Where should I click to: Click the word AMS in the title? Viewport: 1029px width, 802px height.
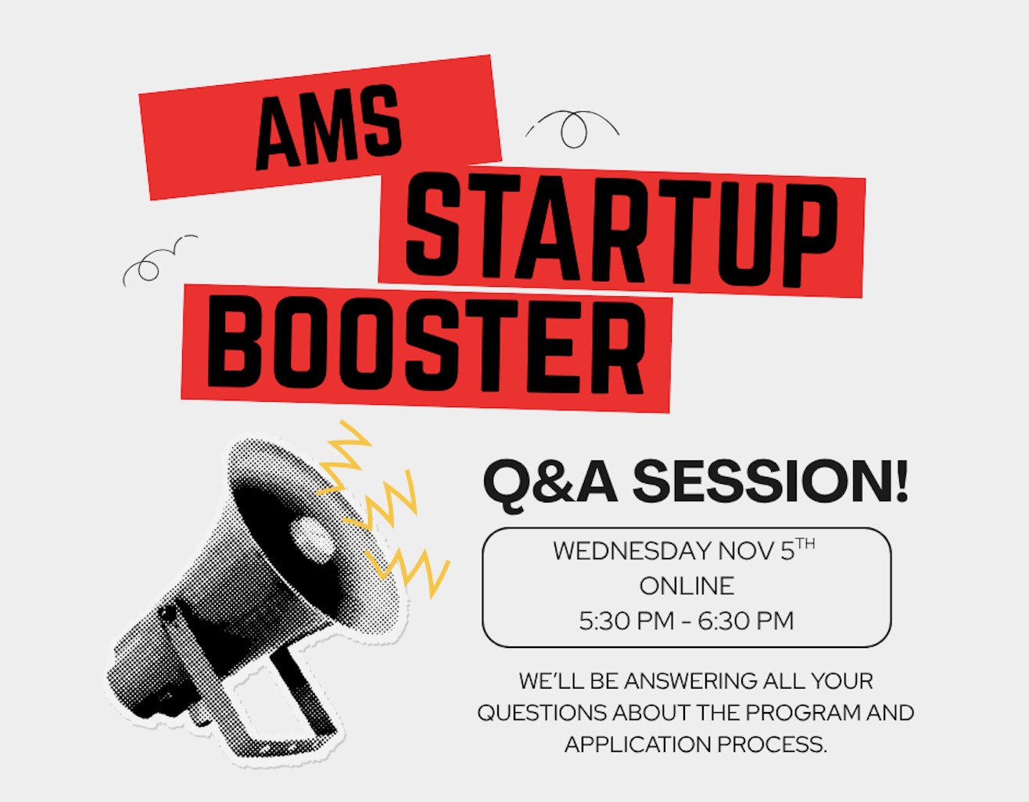[328, 127]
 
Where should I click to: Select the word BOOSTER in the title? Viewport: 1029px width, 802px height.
[427, 345]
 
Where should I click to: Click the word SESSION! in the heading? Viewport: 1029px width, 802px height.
[770, 482]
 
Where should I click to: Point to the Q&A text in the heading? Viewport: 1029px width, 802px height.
[550, 485]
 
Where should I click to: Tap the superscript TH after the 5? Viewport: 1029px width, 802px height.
[805, 544]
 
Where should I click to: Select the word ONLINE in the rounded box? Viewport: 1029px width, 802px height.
[687, 586]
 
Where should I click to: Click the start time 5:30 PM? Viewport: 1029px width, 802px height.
[626, 621]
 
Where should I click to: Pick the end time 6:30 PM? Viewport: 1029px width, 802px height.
[746, 621]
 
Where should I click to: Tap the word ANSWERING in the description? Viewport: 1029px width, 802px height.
[690, 682]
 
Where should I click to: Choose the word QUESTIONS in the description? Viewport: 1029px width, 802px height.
[542, 713]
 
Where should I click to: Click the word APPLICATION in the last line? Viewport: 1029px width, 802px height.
[638, 745]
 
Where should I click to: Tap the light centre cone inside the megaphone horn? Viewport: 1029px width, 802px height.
[313, 539]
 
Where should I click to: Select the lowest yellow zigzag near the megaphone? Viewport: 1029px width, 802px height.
[407, 572]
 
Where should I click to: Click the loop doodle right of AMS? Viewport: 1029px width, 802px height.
[572, 127]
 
